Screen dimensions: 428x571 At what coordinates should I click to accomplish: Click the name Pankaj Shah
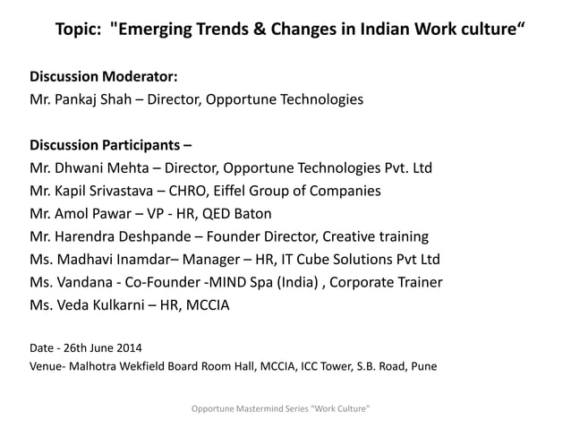99,98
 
